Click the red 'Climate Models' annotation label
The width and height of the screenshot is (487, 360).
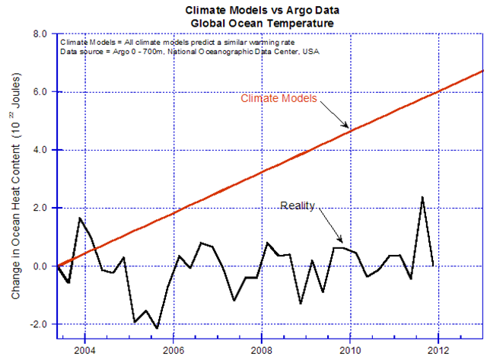279,99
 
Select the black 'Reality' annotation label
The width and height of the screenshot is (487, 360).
298,205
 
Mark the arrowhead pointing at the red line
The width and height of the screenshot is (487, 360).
348,126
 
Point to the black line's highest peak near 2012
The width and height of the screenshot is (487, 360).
422,197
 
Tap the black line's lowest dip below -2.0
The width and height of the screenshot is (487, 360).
157,328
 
